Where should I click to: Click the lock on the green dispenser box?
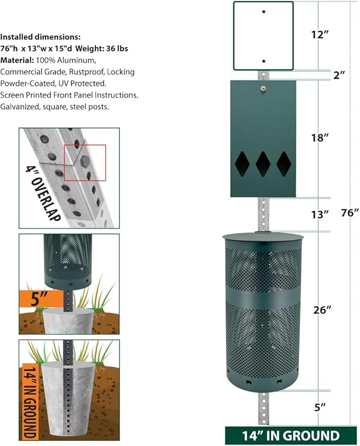tap(264, 88)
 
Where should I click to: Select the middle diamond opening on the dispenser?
tap(263, 164)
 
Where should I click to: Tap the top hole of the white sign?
tap(264, 11)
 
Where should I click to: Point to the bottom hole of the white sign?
tap(264, 61)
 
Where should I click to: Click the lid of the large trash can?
tap(264, 236)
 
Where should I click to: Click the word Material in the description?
tap(16, 60)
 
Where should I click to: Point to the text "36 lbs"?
tap(117, 48)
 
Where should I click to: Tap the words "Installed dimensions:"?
tap(40, 37)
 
